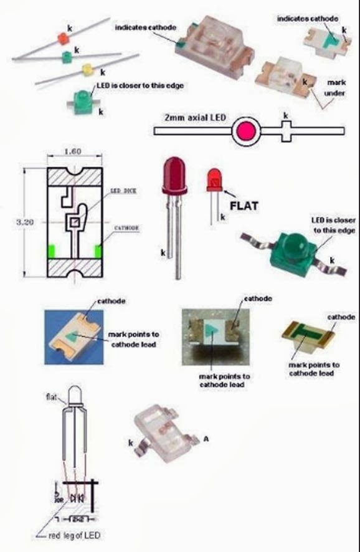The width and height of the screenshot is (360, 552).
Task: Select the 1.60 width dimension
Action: pos(73,151)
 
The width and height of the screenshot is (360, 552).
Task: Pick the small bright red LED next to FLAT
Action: pos(215,180)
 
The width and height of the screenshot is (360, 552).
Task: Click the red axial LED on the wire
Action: pos(63,39)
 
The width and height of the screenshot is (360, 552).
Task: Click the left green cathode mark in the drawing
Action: pos(50,251)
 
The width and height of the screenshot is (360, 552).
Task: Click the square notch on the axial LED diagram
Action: pos(287,131)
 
